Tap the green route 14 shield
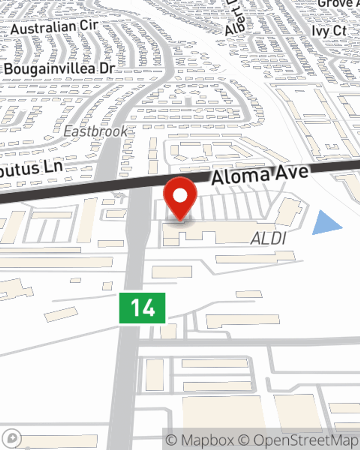tap(142, 308)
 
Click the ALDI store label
tap(269, 238)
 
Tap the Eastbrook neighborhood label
tap(95, 132)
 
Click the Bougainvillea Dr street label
tap(59, 69)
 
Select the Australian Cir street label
tap(54, 28)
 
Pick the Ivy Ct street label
tap(329, 31)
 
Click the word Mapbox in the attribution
tap(207, 440)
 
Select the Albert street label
tap(234, 20)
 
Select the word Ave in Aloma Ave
tap(292, 172)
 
